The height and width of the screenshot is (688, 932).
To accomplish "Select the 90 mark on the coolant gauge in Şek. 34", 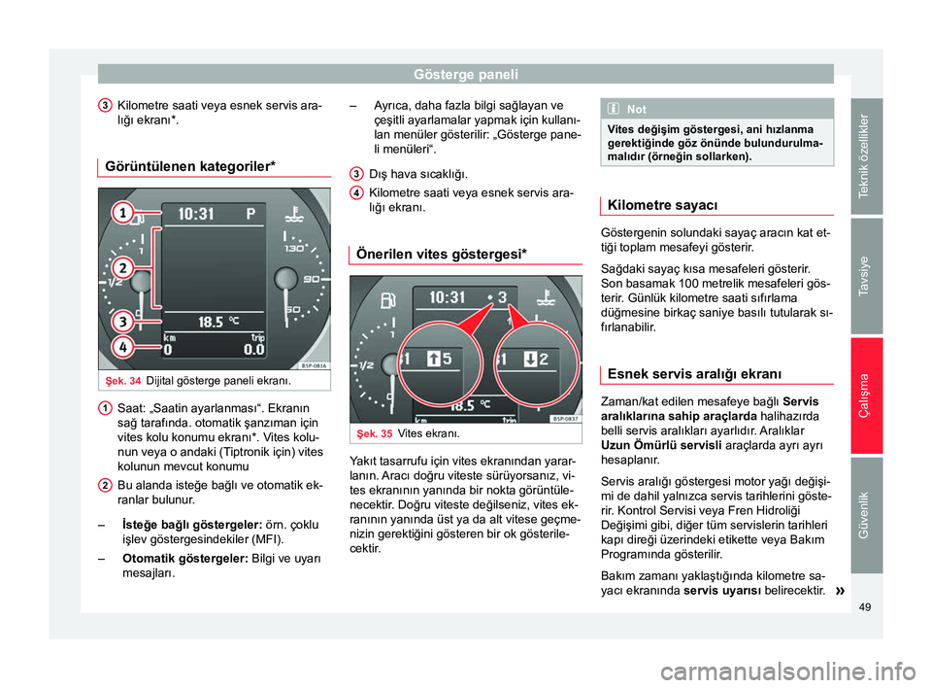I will point(311,280).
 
